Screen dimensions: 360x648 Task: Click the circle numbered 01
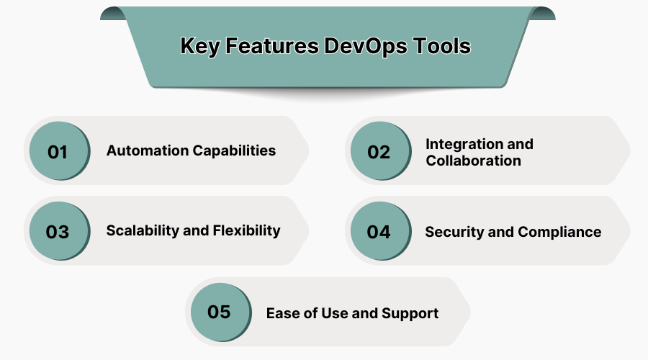coord(58,152)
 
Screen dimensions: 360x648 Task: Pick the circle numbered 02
coord(379,152)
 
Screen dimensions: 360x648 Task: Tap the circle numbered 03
coord(58,232)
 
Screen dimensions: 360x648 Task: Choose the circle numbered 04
coord(379,232)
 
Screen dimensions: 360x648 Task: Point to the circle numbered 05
coord(219,312)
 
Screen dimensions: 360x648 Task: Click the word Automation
coord(146,150)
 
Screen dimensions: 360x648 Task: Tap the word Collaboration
coord(473,161)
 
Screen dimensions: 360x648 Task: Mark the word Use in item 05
coord(333,313)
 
